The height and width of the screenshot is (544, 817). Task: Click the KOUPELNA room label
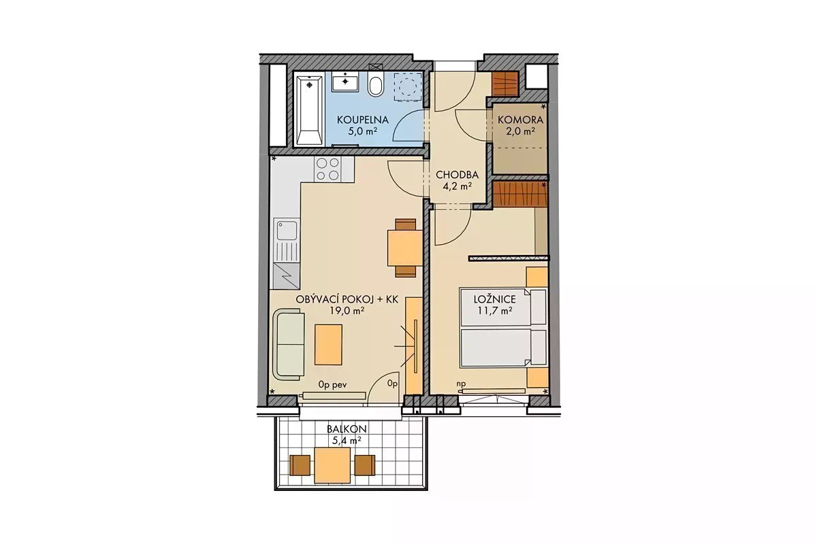coord(362,120)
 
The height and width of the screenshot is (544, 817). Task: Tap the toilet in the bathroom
coord(375,84)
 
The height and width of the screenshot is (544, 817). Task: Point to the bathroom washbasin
coord(345,81)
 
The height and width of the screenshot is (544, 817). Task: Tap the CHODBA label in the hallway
coord(457,175)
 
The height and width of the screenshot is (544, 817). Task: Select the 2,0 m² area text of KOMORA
coord(520,131)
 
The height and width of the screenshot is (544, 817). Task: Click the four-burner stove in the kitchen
coord(327,169)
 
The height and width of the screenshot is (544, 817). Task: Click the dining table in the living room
coord(405,248)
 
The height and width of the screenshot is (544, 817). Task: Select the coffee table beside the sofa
coord(329,344)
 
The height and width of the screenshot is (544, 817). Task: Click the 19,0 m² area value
coord(347,311)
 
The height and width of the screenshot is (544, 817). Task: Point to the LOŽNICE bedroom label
coord(494,299)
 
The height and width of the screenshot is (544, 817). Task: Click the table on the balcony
coord(332,465)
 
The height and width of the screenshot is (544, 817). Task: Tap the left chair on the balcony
coord(300,465)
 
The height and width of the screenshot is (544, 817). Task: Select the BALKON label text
coord(347,429)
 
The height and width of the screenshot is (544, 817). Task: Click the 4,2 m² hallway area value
coord(458,186)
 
